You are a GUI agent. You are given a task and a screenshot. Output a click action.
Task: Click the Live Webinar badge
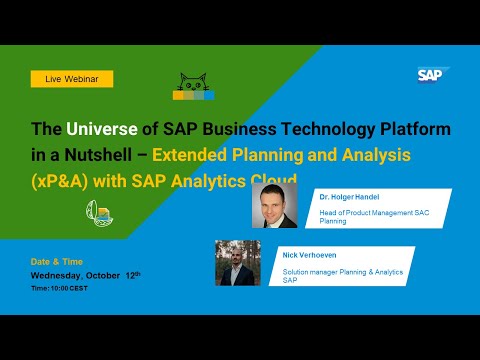(72, 78)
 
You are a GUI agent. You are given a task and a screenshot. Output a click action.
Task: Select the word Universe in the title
(99, 130)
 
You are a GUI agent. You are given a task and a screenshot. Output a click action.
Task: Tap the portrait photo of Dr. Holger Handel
(274, 206)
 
